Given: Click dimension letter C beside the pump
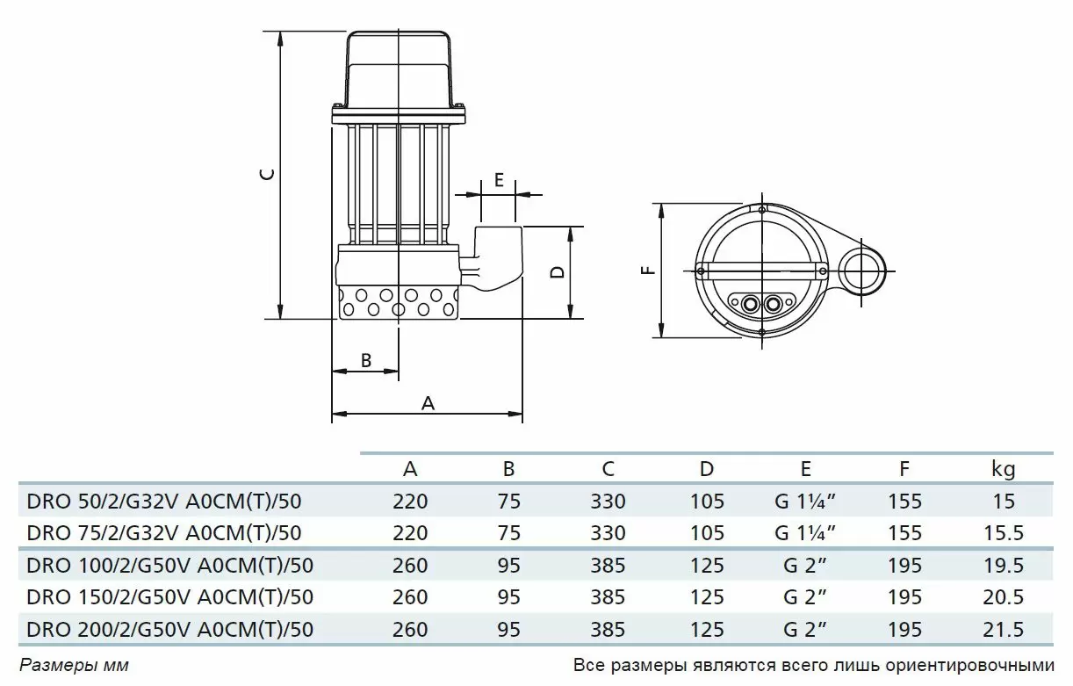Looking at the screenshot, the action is [269, 175].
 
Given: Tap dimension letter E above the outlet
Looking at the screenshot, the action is [499, 180].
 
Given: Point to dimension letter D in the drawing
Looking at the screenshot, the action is [558, 272].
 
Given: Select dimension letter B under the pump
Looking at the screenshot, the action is [366, 360].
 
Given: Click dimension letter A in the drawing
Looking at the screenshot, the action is [428, 403].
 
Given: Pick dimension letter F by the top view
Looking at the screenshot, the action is [648, 271].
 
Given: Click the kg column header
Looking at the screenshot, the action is [1003, 469].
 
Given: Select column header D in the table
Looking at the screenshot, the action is [707, 469].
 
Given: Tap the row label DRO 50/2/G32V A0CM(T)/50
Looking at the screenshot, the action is [164, 502].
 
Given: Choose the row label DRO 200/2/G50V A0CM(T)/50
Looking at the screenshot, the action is [170, 630].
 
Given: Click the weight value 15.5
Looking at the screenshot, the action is [1004, 533].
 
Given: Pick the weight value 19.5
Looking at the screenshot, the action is [1004, 566].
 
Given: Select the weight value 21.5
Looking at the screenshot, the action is [1004, 630].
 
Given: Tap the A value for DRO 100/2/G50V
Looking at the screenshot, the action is [410, 566].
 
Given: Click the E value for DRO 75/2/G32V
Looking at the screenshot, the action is [805, 533].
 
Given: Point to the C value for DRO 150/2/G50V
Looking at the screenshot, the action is [608, 597].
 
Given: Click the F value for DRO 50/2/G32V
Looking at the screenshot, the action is [905, 502].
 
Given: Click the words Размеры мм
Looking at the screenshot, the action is [75, 666].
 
